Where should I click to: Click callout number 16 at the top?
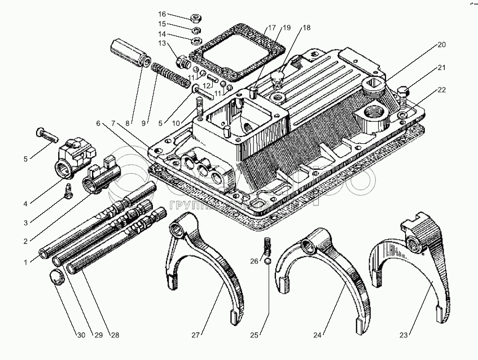tap(162, 14)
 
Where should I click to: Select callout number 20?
tap(441, 45)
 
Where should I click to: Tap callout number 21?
tap(441, 68)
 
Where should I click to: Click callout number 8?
tap(129, 122)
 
